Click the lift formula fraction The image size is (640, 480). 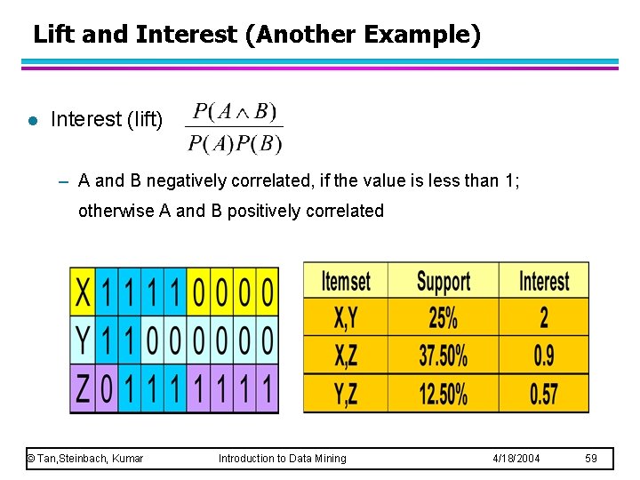[235, 127]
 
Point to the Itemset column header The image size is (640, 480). [345, 282]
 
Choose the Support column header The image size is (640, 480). [443, 282]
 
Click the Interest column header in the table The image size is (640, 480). [544, 282]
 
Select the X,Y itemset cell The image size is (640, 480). [345, 317]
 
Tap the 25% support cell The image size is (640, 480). [443, 317]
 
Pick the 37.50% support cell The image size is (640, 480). [443, 356]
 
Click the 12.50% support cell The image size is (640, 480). [443, 393]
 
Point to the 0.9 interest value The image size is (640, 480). [544, 356]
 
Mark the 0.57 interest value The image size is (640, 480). [544, 393]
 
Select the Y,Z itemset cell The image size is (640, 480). [345, 393]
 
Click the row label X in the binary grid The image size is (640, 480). [83, 291]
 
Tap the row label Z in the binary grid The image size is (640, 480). [83, 389]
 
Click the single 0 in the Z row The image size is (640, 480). [107, 389]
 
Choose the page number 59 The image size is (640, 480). [591, 459]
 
